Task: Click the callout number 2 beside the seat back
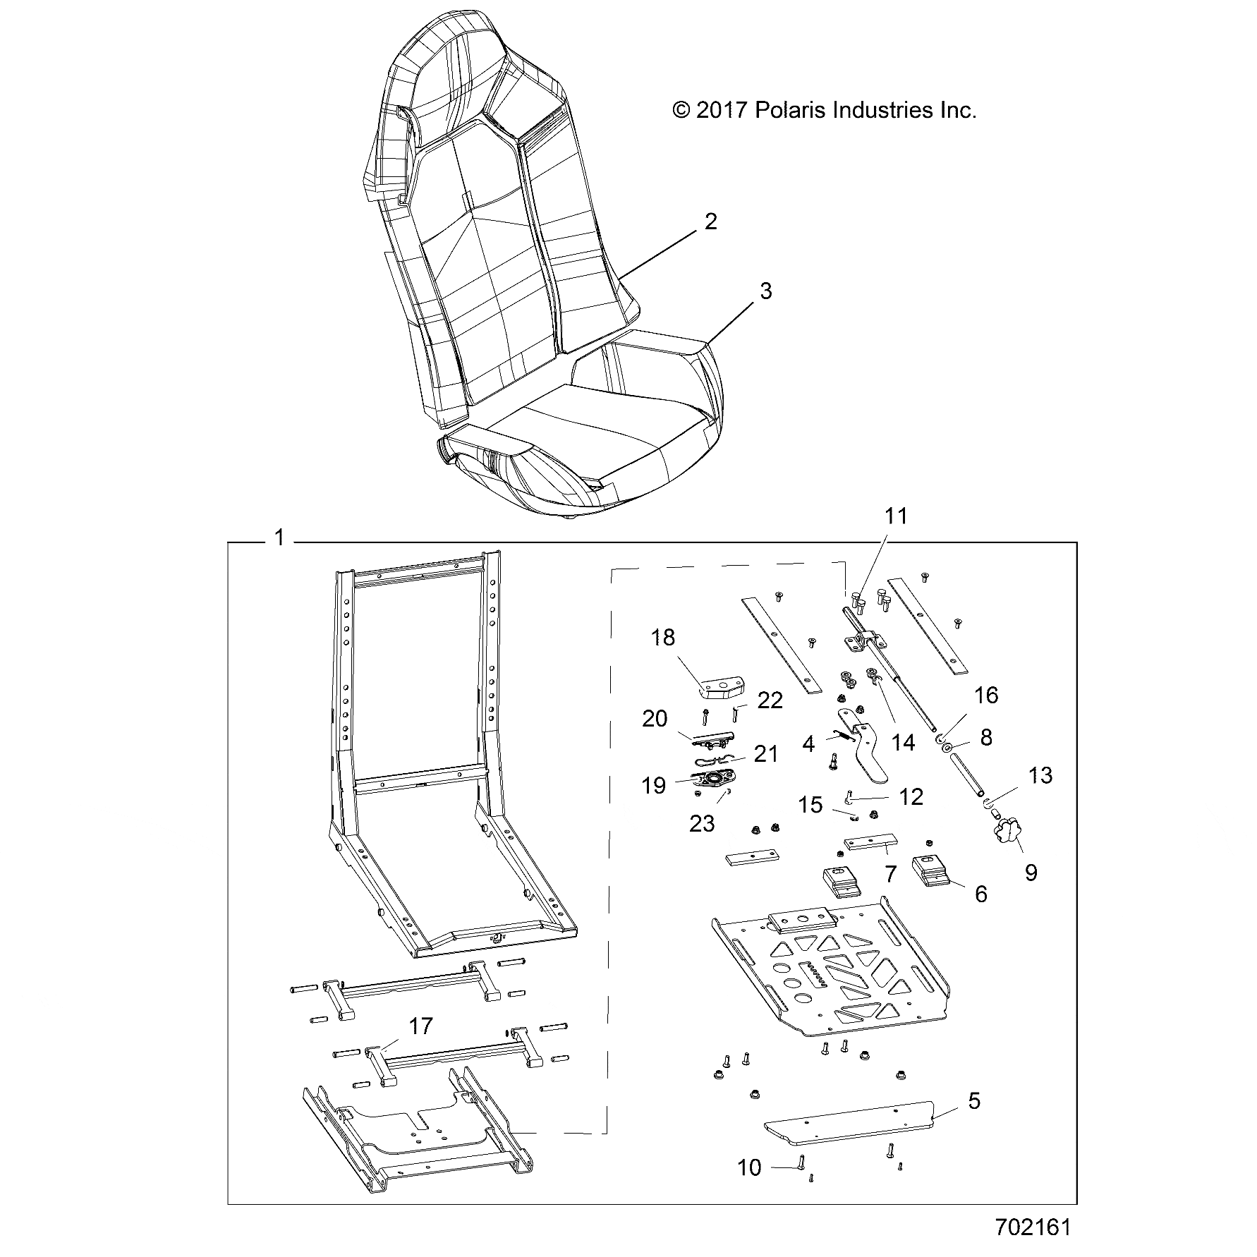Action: point(710,222)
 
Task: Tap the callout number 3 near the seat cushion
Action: point(765,291)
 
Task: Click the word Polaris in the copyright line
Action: point(790,111)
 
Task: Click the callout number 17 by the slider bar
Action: point(420,1026)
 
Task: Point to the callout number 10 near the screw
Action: point(749,1188)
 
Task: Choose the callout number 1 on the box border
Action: point(279,538)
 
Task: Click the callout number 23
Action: point(702,823)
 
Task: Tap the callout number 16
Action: point(986,696)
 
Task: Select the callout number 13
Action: point(1040,775)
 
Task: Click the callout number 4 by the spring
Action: point(808,743)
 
